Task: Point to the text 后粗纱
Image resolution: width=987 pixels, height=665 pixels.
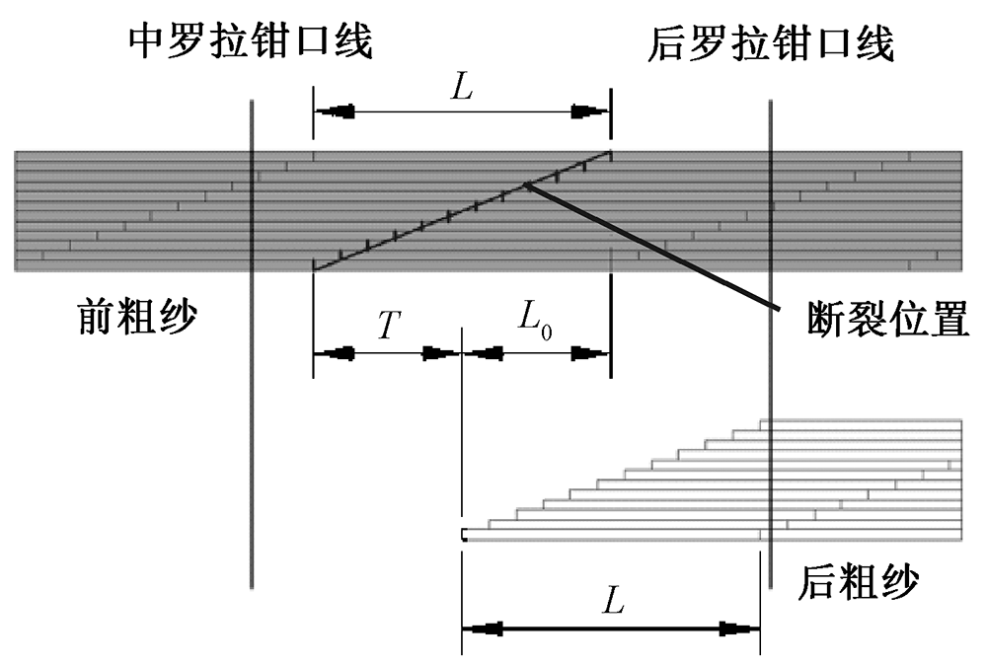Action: (x=856, y=581)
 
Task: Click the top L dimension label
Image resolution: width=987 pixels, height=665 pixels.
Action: (x=461, y=87)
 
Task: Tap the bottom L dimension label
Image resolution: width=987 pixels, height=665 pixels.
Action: (x=612, y=600)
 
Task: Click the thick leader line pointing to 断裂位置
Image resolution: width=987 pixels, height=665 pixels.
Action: (x=651, y=247)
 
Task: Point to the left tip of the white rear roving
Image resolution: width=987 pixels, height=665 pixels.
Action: (x=464, y=535)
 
